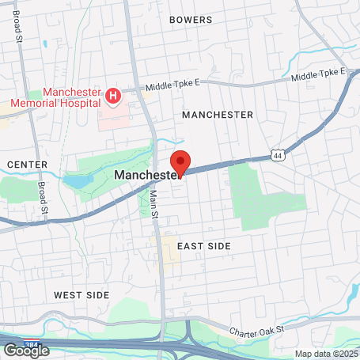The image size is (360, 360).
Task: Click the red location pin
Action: pos(180,162)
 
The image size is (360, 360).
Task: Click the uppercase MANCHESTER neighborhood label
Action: pos(218,115)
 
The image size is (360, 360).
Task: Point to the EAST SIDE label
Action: pos(204,246)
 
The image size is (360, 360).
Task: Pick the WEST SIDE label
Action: pos(81,294)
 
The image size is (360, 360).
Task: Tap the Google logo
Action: pos(26,350)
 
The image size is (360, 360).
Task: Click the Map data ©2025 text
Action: pos(325,353)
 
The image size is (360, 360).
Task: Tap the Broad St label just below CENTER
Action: pos(42,199)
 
